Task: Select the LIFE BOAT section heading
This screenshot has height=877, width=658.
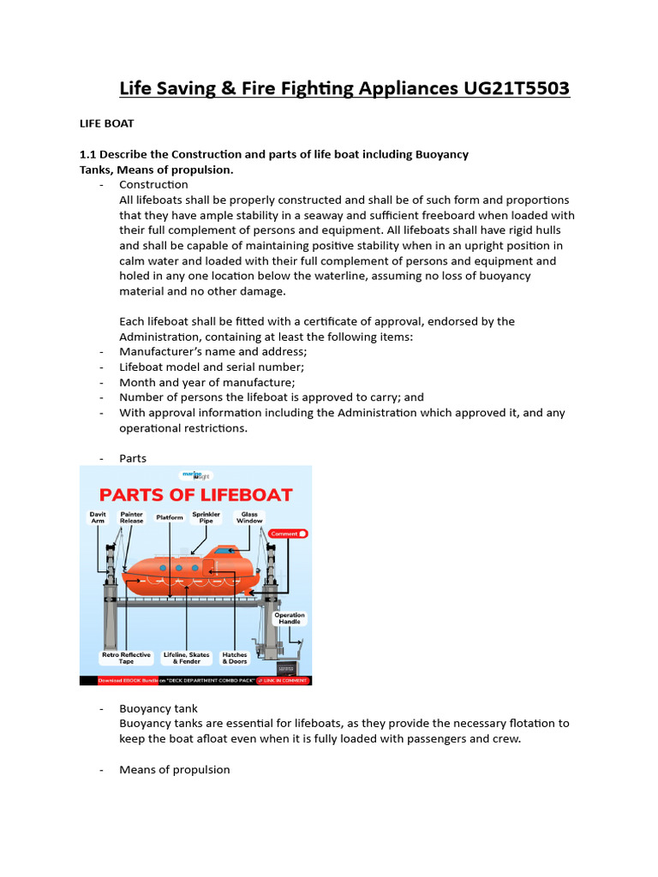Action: coord(107,124)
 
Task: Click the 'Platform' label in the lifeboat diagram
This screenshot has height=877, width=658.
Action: coord(170,518)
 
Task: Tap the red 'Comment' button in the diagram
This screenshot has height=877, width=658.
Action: coord(288,534)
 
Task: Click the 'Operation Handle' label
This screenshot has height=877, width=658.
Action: coord(290,618)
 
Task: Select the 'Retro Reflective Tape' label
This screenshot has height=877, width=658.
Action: coord(126,658)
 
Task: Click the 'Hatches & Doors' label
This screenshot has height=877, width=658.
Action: coord(235,658)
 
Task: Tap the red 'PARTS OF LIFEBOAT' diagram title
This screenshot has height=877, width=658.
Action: coord(195,495)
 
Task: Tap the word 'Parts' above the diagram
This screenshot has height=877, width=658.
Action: coord(133,458)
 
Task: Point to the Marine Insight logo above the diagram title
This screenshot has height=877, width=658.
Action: coord(195,474)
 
